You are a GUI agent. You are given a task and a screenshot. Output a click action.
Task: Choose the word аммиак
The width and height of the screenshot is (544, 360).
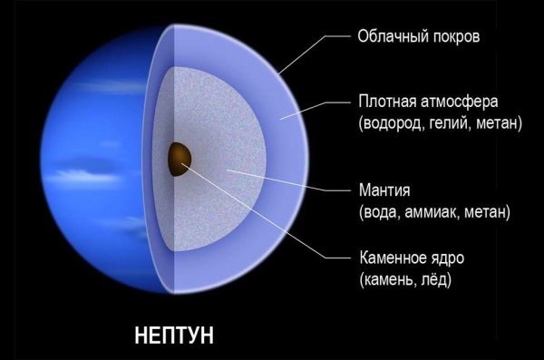[433, 214]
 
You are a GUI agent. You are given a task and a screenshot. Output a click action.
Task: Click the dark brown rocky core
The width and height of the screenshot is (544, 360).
[179, 158]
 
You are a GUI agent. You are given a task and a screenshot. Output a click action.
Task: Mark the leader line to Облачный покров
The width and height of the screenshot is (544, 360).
[313, 54]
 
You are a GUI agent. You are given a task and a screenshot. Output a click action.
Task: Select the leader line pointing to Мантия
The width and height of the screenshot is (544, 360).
[290, 180]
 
